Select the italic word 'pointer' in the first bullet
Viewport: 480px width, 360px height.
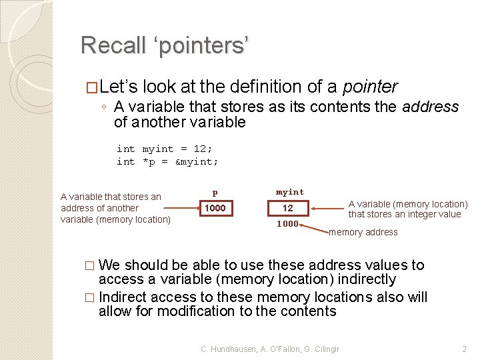coord(370,87)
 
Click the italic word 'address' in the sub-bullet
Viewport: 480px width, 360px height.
coord(431,107)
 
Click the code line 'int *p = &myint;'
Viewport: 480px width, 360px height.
coord(167,161)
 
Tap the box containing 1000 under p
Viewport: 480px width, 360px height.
coord(215,209)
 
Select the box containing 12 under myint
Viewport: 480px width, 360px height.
coord(287,209)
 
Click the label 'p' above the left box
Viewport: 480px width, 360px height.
coord(215,193)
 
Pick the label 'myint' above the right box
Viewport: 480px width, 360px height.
coord(289,192)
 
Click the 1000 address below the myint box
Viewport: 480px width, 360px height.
coord(287,224)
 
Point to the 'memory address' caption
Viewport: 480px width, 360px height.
coord(363,232)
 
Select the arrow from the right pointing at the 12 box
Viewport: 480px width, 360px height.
coord(327,209)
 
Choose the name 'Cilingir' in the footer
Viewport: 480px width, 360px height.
coord(324,349)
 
